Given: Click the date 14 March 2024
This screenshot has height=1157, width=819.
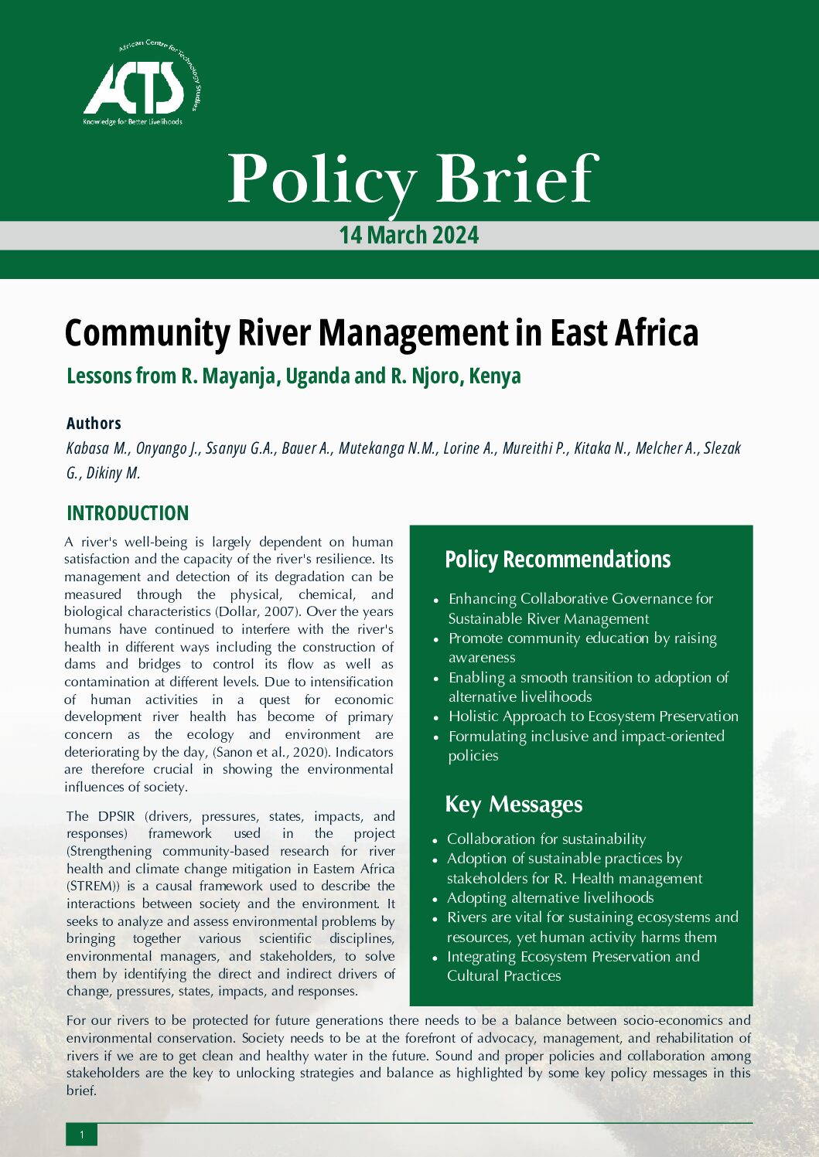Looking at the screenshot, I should (x=409, y=235).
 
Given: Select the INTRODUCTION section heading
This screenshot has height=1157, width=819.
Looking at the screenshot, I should (x=128, y=513).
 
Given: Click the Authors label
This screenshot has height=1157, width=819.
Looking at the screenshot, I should (x=94, y=423).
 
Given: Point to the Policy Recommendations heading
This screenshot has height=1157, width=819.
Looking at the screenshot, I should (x=558, y=559).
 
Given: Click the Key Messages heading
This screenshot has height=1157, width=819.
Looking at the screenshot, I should (x=514, y=805).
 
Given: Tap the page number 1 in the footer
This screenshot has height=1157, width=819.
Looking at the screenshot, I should (x=82, y=1135).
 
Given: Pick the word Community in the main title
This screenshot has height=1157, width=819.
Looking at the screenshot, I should (x=147, y=333).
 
